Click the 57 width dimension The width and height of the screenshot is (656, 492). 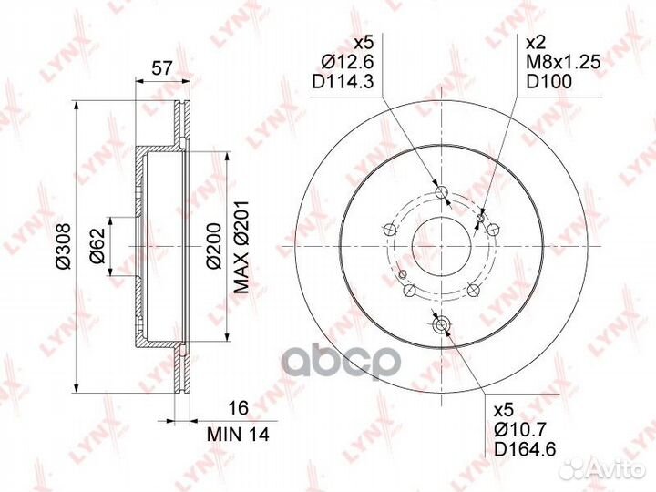click(161, 67)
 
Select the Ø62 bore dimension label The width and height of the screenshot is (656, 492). click(97, 246)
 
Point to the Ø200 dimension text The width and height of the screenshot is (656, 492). click(214, 246)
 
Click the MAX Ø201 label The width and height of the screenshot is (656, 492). click(241, 247)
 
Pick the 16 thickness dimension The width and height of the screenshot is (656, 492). click(240, 407)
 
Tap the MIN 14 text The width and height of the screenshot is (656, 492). click(238, 435)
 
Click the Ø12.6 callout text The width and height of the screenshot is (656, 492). click(347, 62)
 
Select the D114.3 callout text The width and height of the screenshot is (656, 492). click(343, 82)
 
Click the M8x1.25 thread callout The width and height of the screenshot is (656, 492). click(563, 62)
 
